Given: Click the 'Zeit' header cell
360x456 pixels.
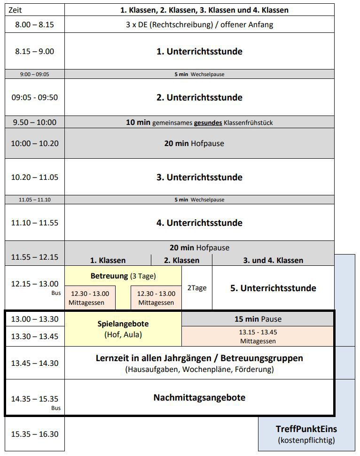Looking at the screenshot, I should [16, 10].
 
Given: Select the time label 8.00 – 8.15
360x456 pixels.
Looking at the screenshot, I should [34, 25].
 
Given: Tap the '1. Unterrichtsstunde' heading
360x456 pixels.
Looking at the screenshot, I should [199, 52].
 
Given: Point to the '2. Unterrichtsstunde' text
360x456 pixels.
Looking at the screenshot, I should [199, 98].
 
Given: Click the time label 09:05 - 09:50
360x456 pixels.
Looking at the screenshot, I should [34, 98].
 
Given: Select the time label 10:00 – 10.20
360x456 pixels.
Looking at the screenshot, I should [34, 143].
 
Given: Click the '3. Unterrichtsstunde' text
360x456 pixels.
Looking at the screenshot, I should [199, 178].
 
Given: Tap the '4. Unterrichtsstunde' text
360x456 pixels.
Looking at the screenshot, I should [199, 223].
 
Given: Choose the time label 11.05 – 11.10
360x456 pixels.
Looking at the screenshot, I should [34, 200].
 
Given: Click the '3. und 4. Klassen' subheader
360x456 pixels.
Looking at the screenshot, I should [273, 260].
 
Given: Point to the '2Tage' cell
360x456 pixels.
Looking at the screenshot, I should [196, 288].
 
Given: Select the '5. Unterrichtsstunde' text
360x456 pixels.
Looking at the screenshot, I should [273, 288].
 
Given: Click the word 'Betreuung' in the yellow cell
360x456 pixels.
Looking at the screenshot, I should [109, 276].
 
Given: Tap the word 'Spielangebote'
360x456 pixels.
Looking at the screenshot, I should [123, 324].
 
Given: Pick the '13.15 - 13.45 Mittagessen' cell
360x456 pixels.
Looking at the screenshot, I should [257, 336].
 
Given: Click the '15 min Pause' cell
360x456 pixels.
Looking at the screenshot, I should [258, 319].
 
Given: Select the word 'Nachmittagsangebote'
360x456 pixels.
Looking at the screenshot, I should [199, 398].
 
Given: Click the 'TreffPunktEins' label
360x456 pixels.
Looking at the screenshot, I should [306, 429].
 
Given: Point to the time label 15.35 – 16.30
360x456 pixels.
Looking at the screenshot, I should [34, 434].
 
